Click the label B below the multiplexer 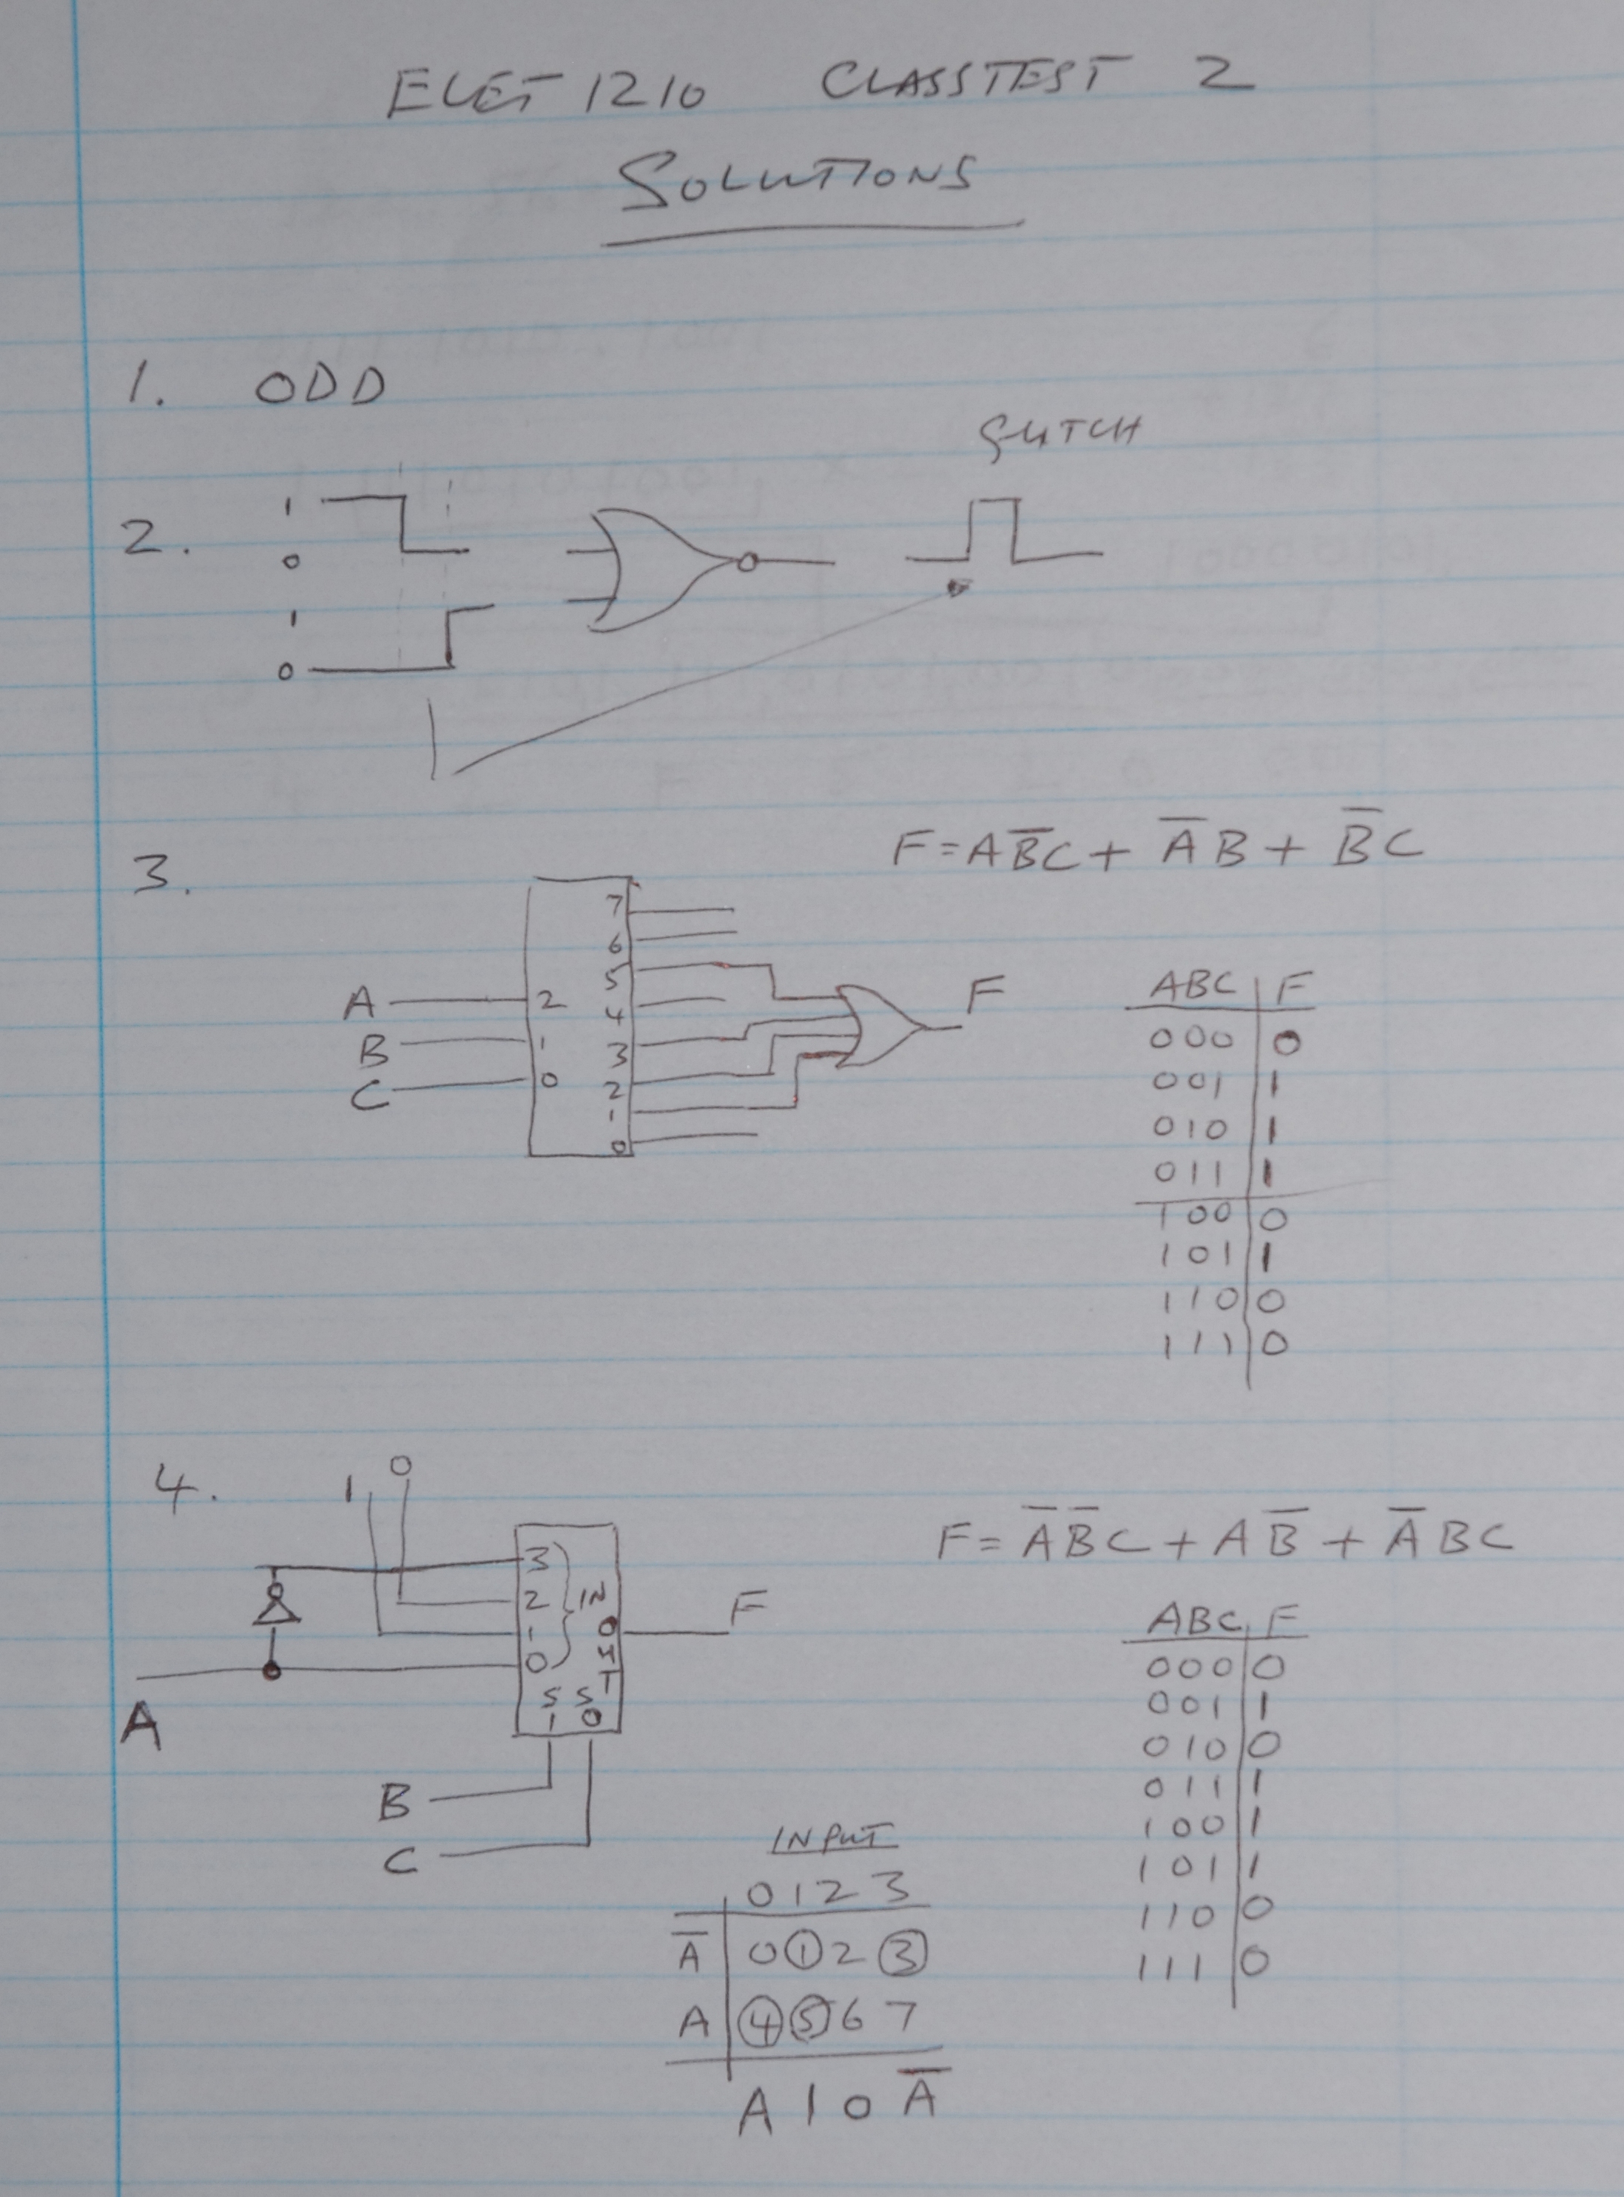(x=394, y=1802)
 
